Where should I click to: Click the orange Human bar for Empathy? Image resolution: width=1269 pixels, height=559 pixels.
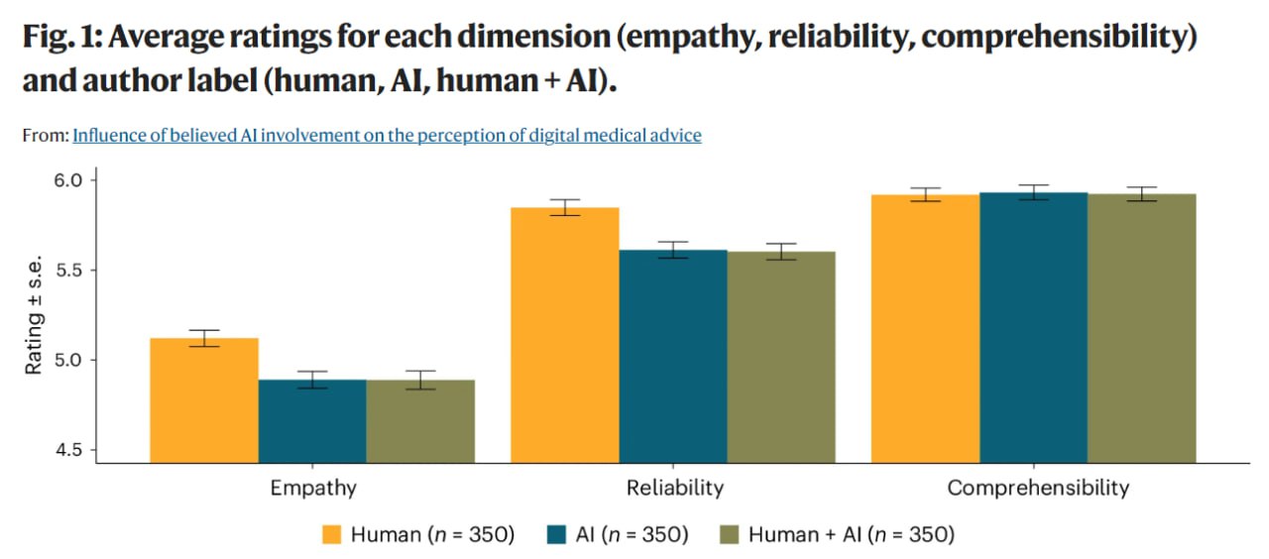[x=204, y=400]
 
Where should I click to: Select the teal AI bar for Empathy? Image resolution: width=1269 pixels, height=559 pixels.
[x=312, y=420]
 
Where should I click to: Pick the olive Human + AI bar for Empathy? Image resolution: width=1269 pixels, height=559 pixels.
[x=420, y=420]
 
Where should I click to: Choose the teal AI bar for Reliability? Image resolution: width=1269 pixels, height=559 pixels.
[x=672, y=357]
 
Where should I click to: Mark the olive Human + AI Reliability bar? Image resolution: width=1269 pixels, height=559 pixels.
[x=781, y=357]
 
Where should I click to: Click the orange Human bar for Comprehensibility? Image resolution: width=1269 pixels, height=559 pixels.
[x=925, y=328]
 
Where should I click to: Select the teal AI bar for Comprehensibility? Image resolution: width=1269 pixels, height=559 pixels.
[x=1033, y=327]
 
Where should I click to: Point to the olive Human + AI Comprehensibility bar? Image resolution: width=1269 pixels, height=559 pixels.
[x=1142, y=328]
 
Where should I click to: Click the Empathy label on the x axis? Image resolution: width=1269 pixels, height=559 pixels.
[x=313, y=489]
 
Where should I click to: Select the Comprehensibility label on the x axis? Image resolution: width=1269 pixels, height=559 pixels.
[x=1037, y=489]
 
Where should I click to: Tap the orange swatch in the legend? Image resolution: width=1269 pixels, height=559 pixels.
[x=332, y=535]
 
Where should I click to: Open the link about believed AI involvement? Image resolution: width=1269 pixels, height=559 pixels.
[x=387, y=136]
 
